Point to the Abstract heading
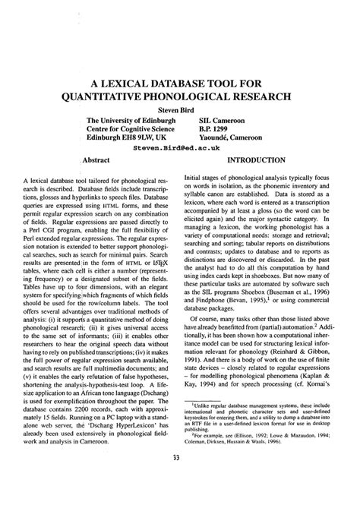pos(97,161)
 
